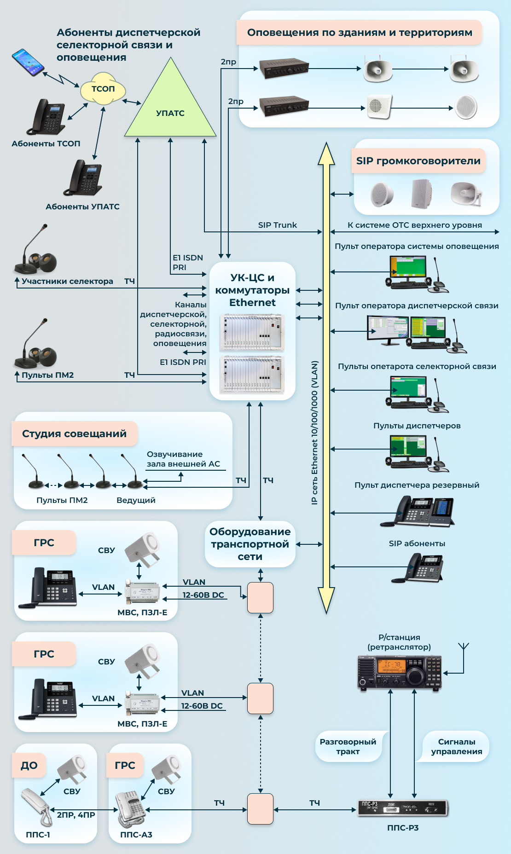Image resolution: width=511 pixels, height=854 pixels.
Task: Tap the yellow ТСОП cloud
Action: coord(103,89)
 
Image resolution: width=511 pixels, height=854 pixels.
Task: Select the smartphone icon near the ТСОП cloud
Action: coord(28,62)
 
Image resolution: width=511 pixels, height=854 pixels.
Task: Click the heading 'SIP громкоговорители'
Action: coord(418,161)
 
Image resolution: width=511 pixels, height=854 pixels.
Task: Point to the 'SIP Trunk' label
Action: coord(277,225)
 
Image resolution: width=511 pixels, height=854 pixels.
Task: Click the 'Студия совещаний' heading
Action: coord(74,433)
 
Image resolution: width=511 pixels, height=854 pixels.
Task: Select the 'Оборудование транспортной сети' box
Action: coord(250,544)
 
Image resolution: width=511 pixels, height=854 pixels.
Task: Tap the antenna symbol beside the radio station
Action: coord(463,647)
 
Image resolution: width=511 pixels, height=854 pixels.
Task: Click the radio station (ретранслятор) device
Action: coord(400,672)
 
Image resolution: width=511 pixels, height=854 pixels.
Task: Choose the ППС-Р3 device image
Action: coord(403,808)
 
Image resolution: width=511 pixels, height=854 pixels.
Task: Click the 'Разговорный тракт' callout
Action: coord(348,746)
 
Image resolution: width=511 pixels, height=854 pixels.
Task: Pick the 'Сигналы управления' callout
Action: coord(456,746)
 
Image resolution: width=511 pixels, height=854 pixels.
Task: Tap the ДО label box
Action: coord(29,765)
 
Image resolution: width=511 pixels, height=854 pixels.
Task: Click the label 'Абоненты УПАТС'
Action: coord(82,207)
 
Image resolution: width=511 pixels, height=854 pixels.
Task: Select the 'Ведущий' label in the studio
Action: coord(136,500)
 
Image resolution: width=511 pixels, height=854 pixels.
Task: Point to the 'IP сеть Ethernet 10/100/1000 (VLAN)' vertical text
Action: coord(314,433)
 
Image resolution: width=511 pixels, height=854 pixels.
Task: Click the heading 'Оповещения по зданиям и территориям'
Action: coord(360,33)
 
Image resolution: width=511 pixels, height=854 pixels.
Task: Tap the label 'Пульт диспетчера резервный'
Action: coord(417,485)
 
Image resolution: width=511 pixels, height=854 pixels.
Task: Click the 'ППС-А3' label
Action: coord(136,835)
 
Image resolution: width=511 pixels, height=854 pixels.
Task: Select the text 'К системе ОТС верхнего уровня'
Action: coord(414,225)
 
